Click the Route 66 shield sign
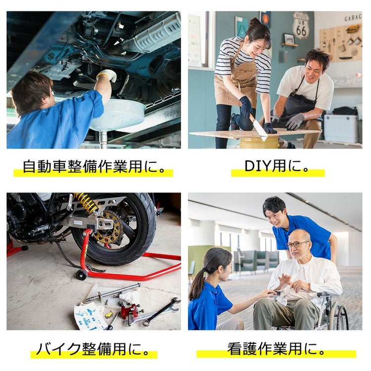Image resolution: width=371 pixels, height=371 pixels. tap(301, 25)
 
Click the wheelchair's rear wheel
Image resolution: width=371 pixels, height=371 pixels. tap(339, 315)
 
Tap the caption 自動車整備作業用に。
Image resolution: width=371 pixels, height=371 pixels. tap(94, 167)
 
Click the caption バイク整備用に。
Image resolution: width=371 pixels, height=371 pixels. tap(93, 349)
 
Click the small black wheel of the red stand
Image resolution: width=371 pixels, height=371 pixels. tap(82, 275)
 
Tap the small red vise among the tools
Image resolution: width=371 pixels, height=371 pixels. tap(129, 311)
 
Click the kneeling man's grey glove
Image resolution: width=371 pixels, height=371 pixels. tap(294, 121)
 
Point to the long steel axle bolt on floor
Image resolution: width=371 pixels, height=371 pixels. tap(113, 292)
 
